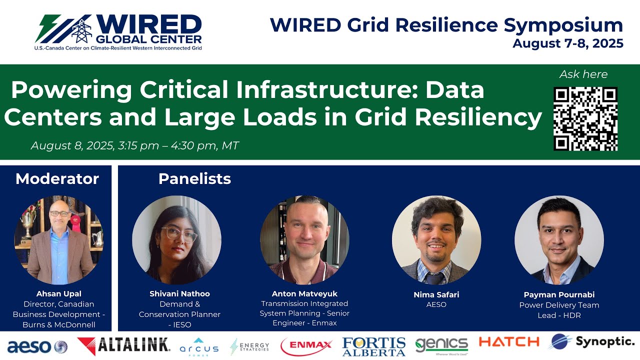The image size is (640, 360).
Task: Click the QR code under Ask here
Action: pos(585,118)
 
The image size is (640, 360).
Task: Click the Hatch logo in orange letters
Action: pos(508,342)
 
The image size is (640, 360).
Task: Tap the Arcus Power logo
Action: pos(198,346)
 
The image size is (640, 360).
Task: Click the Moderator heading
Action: pos(57,178)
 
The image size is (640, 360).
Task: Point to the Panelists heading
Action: pos(194,178)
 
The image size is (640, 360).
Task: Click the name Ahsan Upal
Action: pos(58,293)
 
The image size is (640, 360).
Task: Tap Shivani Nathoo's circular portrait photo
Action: pos(176,240)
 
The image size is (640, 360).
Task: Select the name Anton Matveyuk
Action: pos(304,293)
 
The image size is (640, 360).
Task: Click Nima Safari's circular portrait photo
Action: pos(436,240)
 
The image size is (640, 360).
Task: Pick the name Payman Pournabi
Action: pos(559,294)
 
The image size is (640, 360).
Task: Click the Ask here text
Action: pos(583,74)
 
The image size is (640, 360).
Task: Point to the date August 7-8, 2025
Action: pos(567,43)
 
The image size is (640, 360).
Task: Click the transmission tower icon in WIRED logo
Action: pos(81,29)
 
